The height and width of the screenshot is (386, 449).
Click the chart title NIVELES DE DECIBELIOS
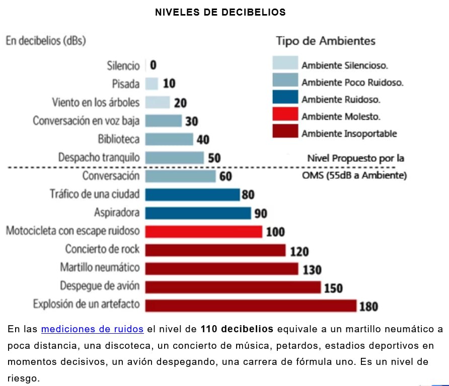point(220,13)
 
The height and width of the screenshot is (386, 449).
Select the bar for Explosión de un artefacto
point(251,305)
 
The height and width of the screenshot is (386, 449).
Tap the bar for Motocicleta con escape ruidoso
point(203,231)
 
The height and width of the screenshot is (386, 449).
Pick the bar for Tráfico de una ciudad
point(192,194)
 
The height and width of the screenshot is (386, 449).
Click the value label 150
point(333,288)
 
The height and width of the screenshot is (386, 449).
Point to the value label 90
point(261,214)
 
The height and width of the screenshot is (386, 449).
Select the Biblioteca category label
point(119,139)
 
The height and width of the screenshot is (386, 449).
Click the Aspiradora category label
point(116,213)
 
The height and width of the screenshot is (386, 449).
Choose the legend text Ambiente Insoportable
point(349,134)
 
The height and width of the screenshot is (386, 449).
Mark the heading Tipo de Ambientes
point(325,41)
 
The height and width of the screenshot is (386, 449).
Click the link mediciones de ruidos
point(92,329)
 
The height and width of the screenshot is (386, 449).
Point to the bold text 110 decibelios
point(237,329)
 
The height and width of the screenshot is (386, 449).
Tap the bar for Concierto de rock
point(215,250)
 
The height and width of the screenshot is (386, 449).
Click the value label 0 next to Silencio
point(153,65)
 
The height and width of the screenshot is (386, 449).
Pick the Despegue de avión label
point(100,286)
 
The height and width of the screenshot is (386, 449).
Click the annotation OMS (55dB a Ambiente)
point(354,175)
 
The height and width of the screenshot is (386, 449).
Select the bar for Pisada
point(152,83)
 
